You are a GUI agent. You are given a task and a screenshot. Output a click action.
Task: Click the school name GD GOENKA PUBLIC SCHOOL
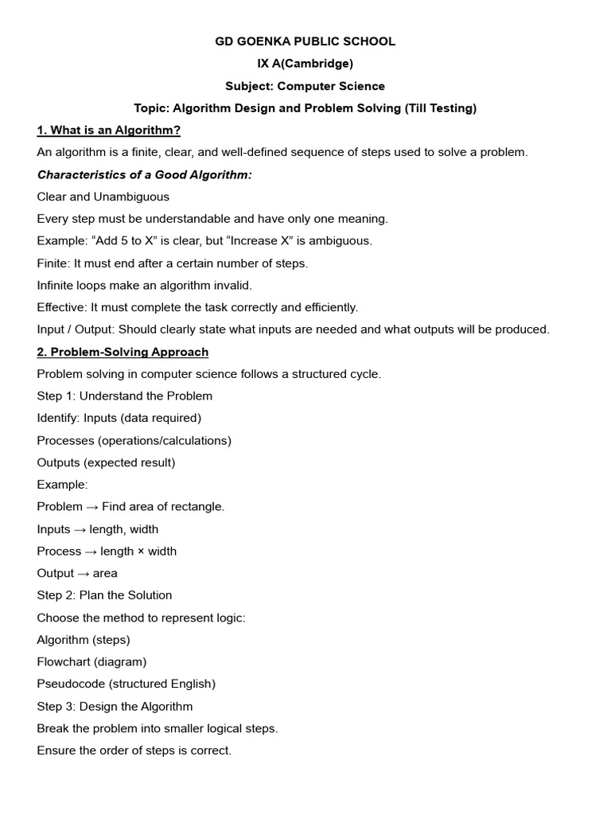point(305,41)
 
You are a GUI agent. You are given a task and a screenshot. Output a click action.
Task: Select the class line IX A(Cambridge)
point(305,64)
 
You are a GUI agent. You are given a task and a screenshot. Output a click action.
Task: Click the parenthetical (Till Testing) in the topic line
point(441,108)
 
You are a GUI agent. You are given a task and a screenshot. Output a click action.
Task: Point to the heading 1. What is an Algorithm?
point(115,130)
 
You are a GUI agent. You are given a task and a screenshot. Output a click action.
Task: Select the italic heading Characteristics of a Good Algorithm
point(144,174)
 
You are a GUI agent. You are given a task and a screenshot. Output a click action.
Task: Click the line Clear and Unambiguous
point(103,197)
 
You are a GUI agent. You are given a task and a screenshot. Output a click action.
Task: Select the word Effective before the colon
point(62,307)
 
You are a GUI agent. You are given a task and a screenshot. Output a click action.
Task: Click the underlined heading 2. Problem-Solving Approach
point(123,352)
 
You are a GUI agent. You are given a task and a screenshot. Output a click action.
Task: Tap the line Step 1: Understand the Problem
point(124,396)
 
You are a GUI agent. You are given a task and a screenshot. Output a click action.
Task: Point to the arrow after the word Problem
point(92,507)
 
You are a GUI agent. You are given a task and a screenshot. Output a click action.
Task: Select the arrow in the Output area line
point(83,573)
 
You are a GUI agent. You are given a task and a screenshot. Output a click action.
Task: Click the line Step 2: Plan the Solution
point(104,595)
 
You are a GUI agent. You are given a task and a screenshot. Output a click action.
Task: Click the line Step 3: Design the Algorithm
point(115,706)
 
